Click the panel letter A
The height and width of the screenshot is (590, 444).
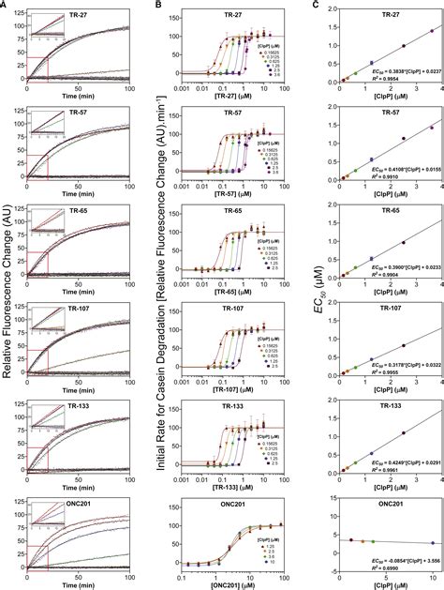[x=5, y=5]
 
